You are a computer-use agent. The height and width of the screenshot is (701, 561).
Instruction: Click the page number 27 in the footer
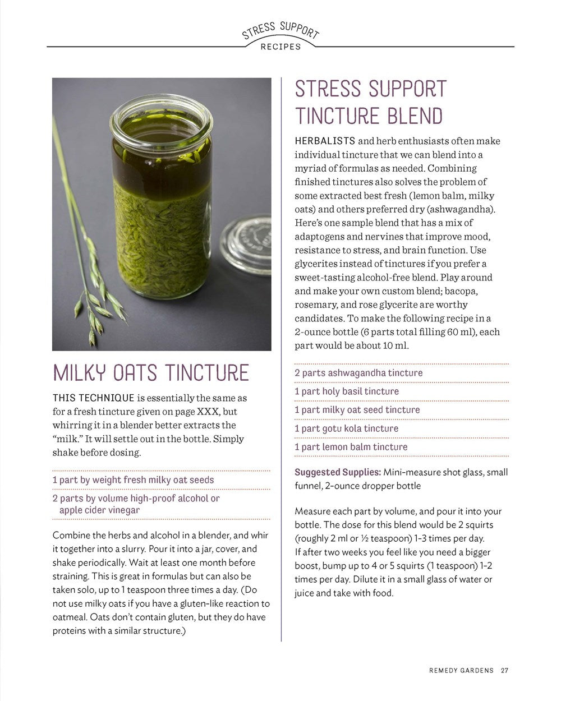coord(505,670)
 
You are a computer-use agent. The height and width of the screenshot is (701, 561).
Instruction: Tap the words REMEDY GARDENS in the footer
coord(461,670)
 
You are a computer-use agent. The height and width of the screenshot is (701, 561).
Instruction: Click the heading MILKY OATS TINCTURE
coord(150,373)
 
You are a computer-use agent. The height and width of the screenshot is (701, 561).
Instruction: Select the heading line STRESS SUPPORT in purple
coord(371,89)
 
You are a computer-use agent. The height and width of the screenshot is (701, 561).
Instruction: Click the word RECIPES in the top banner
coord(280,47)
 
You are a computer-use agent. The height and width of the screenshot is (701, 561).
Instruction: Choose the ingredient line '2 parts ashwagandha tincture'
coord(358,373)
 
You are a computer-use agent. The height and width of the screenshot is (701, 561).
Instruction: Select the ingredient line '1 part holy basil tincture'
coord(347,391)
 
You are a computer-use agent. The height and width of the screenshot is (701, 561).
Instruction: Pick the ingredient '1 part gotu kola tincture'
coord(346,428)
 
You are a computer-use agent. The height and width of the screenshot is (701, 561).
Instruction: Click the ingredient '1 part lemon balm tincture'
coord(351,447)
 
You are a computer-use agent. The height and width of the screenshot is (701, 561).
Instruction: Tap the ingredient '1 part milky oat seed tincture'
coord(357,410)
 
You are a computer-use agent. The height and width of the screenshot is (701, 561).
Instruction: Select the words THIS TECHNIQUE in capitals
coord(93,398)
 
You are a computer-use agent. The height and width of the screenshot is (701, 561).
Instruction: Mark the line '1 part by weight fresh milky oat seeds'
coord(133,480)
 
